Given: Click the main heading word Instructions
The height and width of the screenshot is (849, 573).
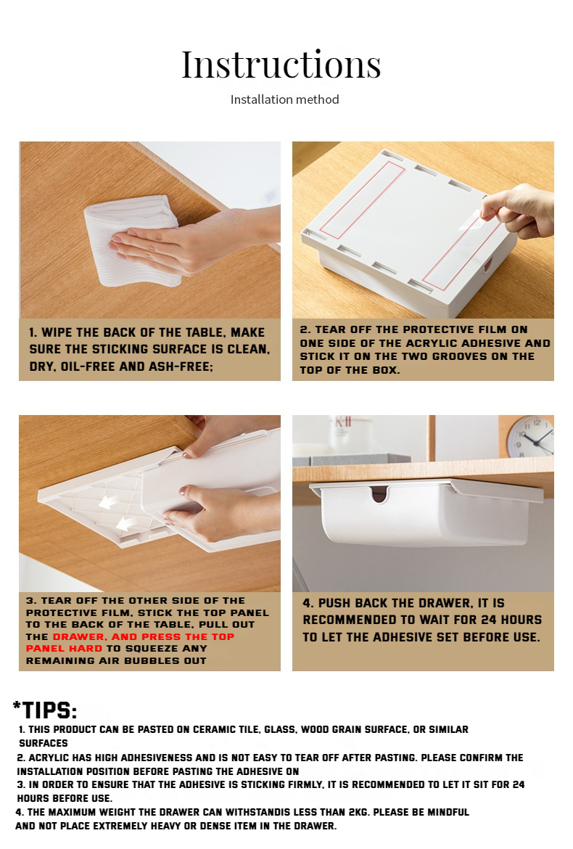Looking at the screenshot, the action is point(281,65).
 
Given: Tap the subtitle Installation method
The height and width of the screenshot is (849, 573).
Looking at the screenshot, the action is point(284,99).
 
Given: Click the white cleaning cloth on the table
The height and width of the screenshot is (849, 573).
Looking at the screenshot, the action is point(133,241).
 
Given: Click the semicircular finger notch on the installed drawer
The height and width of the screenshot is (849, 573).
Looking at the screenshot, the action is point(380,493).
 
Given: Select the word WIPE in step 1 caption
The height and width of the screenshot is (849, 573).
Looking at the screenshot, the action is point(57,332).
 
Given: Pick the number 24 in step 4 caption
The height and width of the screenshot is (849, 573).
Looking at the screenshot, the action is point(489,620).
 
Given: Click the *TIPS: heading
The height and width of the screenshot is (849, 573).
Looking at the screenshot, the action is point(45,710).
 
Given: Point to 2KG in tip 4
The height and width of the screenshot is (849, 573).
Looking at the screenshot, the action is point(358,812).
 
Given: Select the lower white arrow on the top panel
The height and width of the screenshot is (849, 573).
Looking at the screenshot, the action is point(126,524).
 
